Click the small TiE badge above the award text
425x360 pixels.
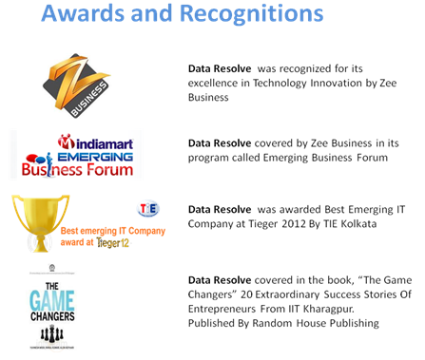[149, 208]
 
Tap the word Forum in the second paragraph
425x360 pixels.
[370, 158]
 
